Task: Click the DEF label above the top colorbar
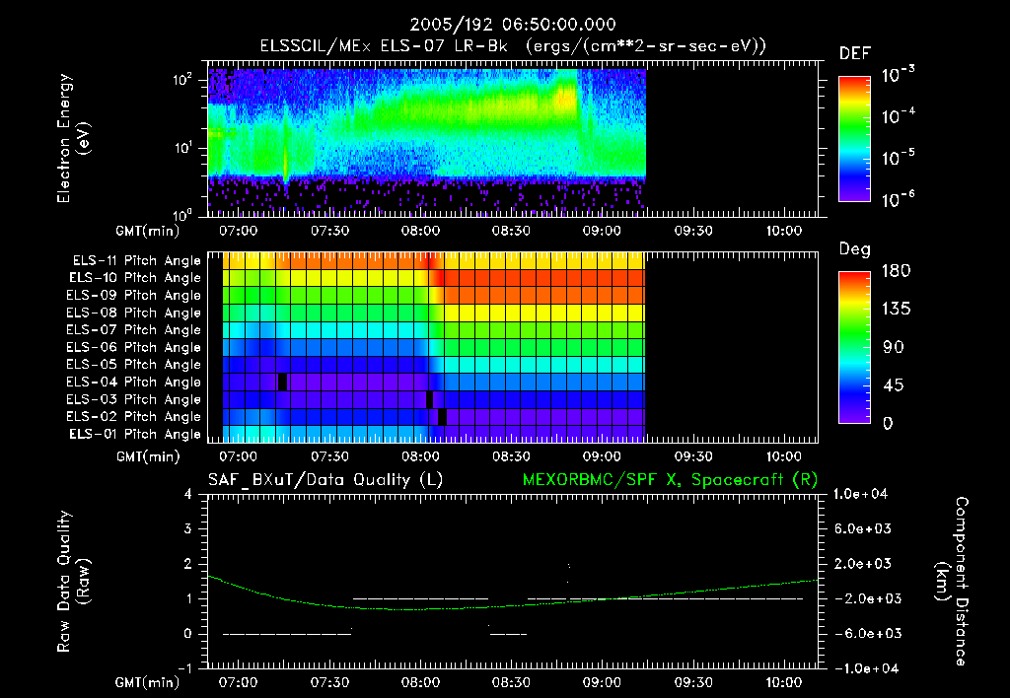point(854,53)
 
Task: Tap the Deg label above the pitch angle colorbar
point(854,250)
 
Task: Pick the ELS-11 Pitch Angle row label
point(136,260)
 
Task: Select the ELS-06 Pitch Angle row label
point(136,347)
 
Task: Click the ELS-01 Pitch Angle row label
point(136,434)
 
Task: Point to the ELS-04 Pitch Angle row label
point(136,382)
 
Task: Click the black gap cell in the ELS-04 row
point(283,382)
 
